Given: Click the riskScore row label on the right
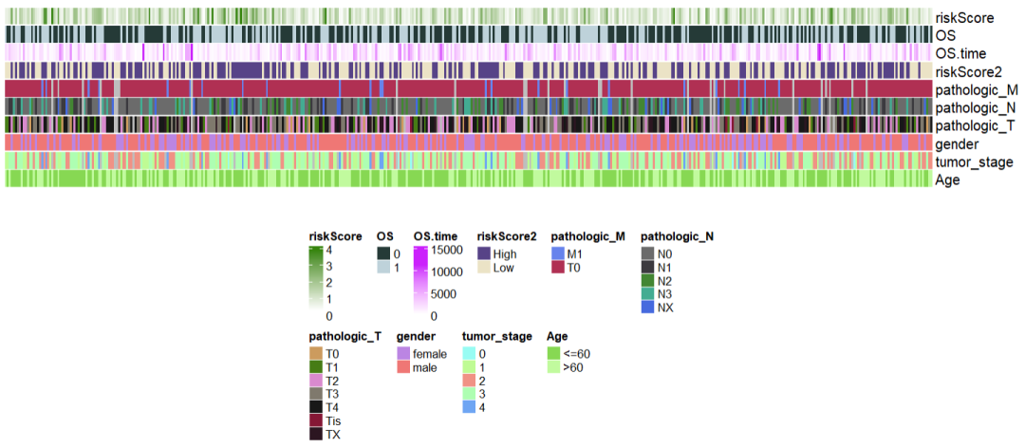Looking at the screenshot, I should (964, 17).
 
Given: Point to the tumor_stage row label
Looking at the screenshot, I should (974, 161).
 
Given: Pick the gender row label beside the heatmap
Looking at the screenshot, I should (958, 143).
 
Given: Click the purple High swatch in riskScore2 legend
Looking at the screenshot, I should (484, 253).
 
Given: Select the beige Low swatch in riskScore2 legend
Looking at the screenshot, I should (484, 268).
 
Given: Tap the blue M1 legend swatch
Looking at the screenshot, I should (558, 253).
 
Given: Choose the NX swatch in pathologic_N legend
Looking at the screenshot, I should (648, 308).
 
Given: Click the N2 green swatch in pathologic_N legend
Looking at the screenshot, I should (648, 281).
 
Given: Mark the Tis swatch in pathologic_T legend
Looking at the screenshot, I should (316, 420).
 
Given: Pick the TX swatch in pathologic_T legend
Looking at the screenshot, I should (316, 434).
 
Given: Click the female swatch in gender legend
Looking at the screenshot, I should (403, 353).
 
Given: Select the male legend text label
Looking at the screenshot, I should (425, 367).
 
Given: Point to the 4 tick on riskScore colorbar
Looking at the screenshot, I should (329, 251).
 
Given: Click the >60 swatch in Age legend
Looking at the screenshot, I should (553, 367).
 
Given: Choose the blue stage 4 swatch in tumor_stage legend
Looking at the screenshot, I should (469, 406).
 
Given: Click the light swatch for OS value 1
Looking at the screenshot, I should (383, 268).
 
